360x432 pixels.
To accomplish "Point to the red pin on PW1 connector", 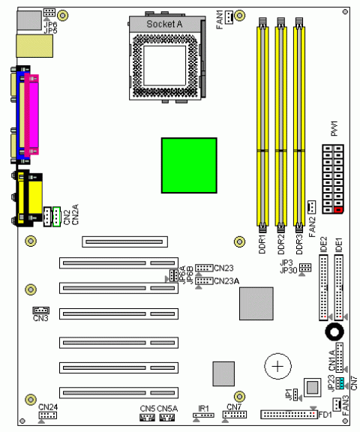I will (339, 209).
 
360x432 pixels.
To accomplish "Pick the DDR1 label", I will (262, 241).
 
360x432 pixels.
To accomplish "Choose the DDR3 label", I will (298, 241).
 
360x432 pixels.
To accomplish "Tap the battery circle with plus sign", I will (277, 366).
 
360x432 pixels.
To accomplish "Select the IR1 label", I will (203, 407).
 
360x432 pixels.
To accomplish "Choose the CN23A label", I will (226, 280).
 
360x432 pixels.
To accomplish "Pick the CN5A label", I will (168, 407).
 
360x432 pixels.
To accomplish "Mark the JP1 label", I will (287, 393).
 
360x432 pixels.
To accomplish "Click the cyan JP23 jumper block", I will (340, 383).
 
